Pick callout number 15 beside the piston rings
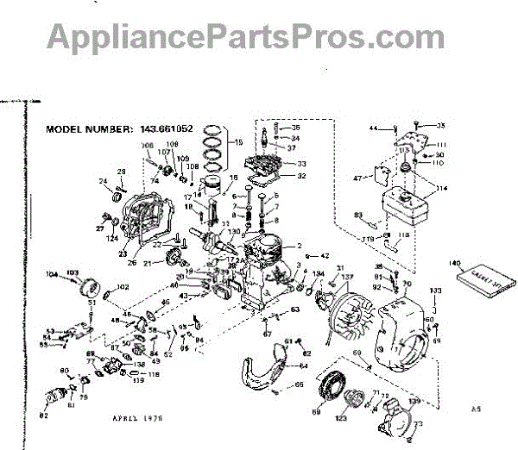click(240, 141)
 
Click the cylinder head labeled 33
click(276, 161)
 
